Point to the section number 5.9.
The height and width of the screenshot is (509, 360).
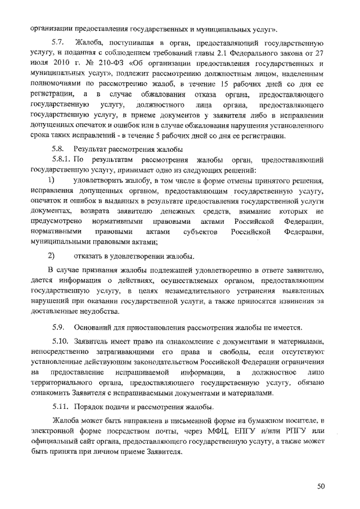(58, 327)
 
